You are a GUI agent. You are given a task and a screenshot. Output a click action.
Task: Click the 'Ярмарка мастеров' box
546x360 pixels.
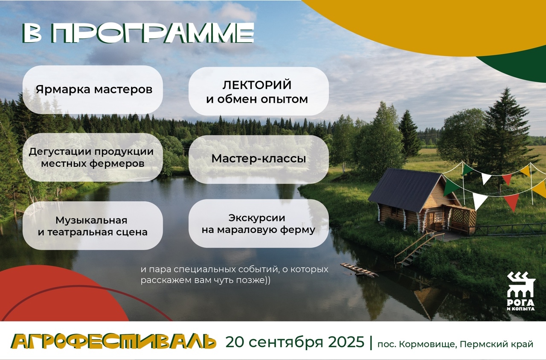click(93, 90)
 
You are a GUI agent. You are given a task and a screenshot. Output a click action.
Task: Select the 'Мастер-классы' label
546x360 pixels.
click(258, 159)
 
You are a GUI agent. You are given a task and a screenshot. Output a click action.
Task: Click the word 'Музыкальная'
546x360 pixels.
click(91, 221)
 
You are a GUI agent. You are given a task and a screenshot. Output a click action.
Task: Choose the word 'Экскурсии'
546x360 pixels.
click(257, 218)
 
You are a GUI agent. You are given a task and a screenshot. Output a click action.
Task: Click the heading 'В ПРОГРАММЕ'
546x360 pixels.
click(139, 33)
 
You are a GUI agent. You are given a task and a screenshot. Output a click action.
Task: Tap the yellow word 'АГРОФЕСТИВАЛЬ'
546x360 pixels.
click(113, 341)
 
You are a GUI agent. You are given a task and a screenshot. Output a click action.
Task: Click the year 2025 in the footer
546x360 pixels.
click(346, 342)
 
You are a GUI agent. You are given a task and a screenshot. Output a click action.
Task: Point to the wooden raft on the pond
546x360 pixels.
click(359, 270)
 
